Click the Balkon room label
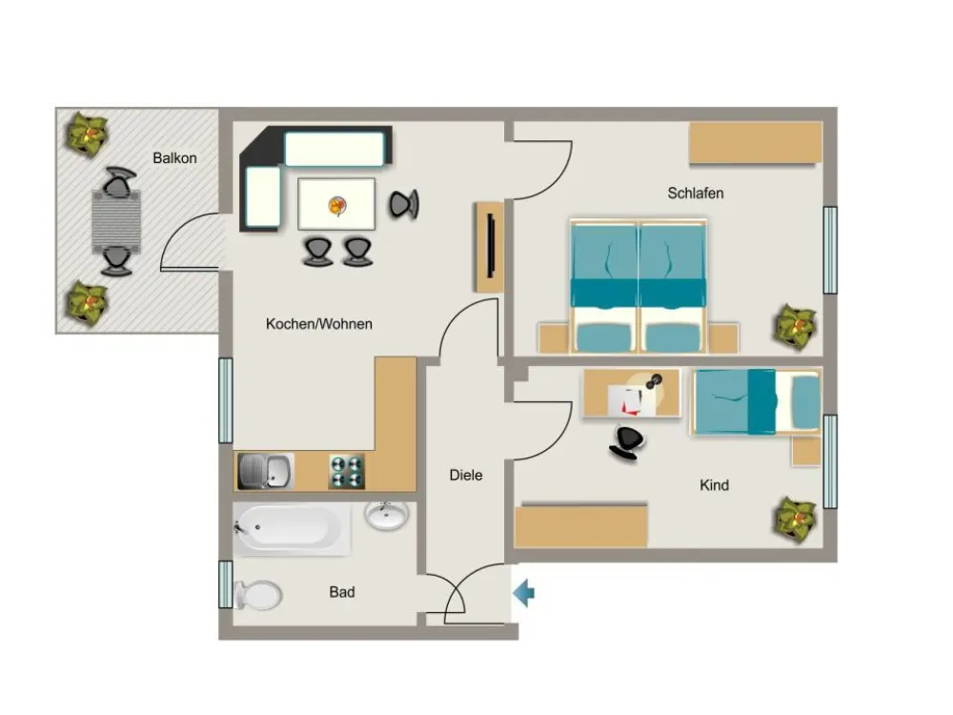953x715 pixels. point(174,158)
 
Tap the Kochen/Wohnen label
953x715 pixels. point(319,323)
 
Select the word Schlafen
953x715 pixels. point(696,193)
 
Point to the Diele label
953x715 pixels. point(466,475)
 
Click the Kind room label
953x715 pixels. point(714,485)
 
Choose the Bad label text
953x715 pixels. point(342,592)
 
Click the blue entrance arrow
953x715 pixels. point(523,593)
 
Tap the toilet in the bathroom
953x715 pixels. point(257,595)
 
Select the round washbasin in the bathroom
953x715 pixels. point(387,516)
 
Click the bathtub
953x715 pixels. point(292,529)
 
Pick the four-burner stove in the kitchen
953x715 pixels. point(347,472)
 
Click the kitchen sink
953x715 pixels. point(266,471)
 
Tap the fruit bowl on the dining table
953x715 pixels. point(337,206)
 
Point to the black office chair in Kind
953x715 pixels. point(626,442)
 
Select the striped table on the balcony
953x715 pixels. point(116,221)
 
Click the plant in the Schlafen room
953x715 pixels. point(796,326)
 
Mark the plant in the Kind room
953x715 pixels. point(796,519)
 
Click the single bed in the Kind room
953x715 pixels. point(756,402)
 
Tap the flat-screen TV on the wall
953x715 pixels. point(491,246)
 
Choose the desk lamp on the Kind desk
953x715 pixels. point(654,382)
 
